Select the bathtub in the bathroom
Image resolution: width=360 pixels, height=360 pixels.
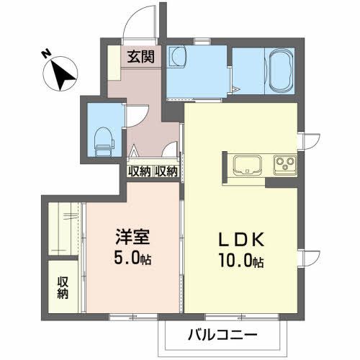pos(280,71)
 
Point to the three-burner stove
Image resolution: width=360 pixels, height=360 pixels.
pos(284,164)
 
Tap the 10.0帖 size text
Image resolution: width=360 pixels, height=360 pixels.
pos(238,263)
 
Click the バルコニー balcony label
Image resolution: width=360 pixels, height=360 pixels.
pos(222,335)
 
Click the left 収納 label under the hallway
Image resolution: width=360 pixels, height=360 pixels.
pos(139,171)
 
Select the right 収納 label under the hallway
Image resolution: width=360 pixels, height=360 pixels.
pos(166,171)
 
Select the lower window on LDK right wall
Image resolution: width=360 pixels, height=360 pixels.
pos(307,257)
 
